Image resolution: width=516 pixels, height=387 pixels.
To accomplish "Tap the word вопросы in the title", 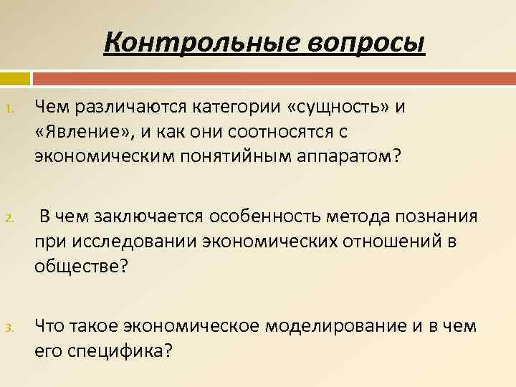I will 368,42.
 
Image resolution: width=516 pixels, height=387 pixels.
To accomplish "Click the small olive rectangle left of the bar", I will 14,78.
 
